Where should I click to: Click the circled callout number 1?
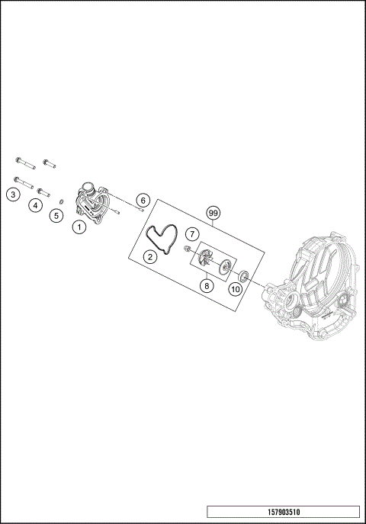pos(79,227)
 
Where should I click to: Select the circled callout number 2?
pos(150,257)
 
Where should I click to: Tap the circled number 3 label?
pos(13,195)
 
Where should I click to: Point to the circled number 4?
pos(35,205)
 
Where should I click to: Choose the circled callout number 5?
pos(56,216)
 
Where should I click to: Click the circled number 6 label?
pos(142,200)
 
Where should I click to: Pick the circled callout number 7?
pos(193,233)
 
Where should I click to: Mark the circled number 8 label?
pos(205,286)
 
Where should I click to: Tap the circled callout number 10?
pos(236,288)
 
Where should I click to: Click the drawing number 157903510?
pos(282,512)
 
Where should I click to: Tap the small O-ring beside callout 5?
pos(60,202)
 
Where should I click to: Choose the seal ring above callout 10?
pos(244,275)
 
